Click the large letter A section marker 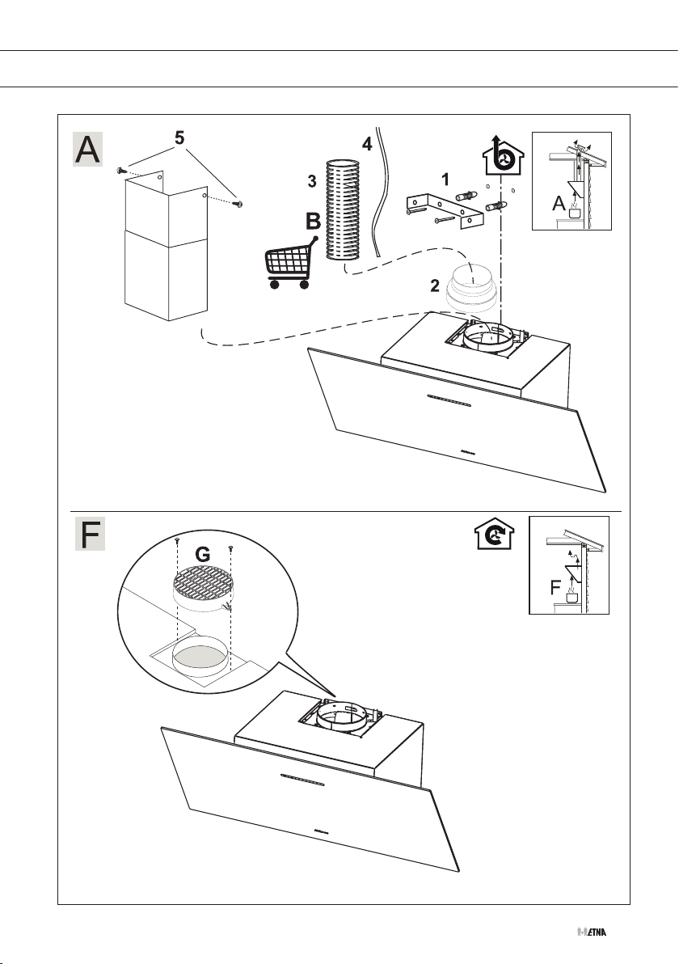(x=88, y=150)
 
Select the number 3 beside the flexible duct (x=311, y=182)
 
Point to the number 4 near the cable (x=367, y=145)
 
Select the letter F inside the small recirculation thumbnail (x=556, y=590)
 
